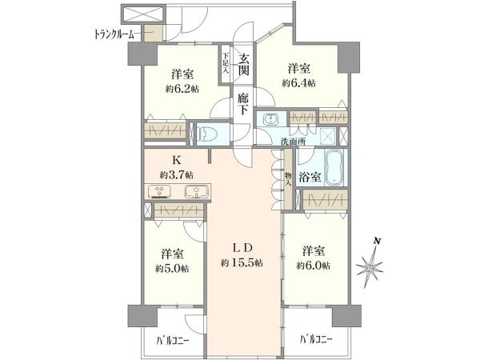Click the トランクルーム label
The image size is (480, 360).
pyautogui.click(x=114, y=34)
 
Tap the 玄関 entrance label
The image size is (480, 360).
pyautogui.click(x=244, y=65)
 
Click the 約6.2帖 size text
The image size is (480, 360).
pyautogui.click(x=182, y=89)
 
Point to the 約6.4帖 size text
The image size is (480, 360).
pyautogui.click(x=298, y=83)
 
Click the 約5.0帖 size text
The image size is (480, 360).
pyautogui.click(x=172, y=269)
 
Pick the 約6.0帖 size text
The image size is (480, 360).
pyautogui.click(x=313, y=266)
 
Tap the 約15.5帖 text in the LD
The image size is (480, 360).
pyautogui.click(x=242, y=262)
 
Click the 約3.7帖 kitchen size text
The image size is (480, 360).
pyautogui.click(x=176, y=175)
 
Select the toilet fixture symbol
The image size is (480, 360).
pyautogui.click(x=207, y=134)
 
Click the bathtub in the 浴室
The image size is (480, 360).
pyautogui.click(x=334, y=167)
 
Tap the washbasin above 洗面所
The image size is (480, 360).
pyautogui.click(x=271, y=119)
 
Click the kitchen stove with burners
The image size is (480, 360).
pyautogui.click(x=159, y=192)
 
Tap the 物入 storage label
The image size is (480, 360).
pyautogui.click(x=288, y=179)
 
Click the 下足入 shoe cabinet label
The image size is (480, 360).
pyautogui.click(x=226, y=63)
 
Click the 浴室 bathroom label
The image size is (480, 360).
pyautogui.click(x=310, y=177)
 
